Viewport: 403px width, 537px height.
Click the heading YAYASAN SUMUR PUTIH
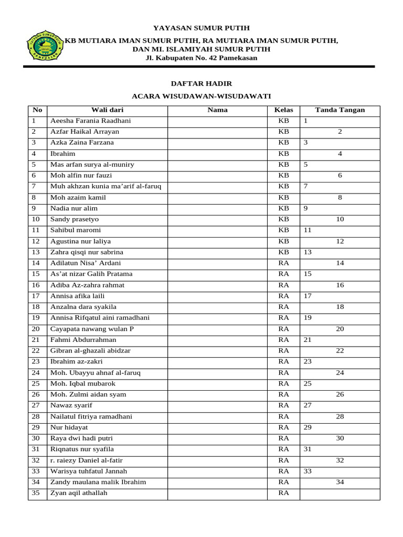click(201, 28)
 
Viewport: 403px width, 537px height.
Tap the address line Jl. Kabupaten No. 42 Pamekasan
click(201, 58)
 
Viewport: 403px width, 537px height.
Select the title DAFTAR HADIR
click(201, 83)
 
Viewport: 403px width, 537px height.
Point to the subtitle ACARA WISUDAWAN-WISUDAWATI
click(201, 96)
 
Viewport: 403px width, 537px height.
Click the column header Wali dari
click(107, 110)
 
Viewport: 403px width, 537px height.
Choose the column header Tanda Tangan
click(340, 110)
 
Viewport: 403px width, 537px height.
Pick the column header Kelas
click(283, 110)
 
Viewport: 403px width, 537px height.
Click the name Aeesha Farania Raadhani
click(90, 121)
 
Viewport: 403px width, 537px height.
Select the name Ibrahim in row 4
click(62, 154)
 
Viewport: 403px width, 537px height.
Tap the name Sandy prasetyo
click(74, 219)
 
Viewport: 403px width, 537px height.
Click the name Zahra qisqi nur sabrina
click(86, 252)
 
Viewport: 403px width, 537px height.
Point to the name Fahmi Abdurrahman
click(83, 340)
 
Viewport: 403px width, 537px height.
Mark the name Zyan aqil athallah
click(79, 493)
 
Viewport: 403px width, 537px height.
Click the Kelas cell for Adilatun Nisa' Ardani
click(283, 263)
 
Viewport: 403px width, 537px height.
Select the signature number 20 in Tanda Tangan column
click(340, 329)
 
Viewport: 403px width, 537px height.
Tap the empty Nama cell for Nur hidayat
click(217, 427)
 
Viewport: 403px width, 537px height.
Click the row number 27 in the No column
click(36, 405)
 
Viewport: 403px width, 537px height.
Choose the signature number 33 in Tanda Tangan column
click(307, 471)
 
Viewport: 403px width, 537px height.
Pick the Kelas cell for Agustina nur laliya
click(283, 241)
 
